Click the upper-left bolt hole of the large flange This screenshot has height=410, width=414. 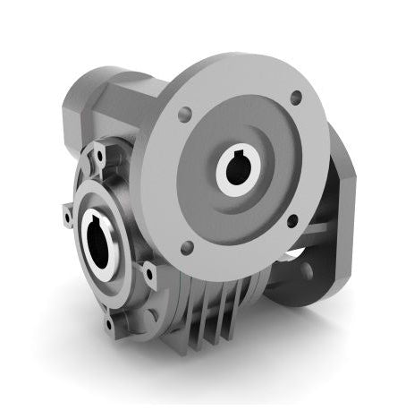[x=184, y=115]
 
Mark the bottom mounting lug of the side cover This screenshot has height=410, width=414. [x=110, y=317]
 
